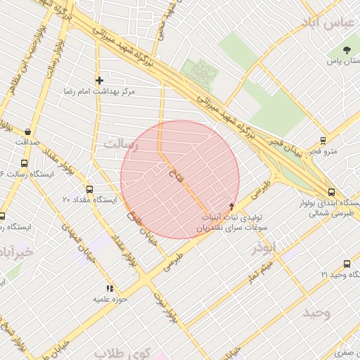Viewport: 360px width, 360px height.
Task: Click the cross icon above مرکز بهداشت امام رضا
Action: [x=99, y=80]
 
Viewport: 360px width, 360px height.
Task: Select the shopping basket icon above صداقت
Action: [x=27, y=131]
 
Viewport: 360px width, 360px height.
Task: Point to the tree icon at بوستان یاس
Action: [x=347, y=50]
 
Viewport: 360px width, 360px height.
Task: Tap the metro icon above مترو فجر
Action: [x=323, y=140]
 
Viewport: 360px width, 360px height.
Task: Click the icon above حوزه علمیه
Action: [x=109, y=288]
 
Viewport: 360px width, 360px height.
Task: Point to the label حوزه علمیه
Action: [x=109, y=299]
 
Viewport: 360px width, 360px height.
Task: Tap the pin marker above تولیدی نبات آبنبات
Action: [x=232, y=206]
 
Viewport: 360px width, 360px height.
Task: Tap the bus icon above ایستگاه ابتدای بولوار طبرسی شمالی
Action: [x=331, y=191]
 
